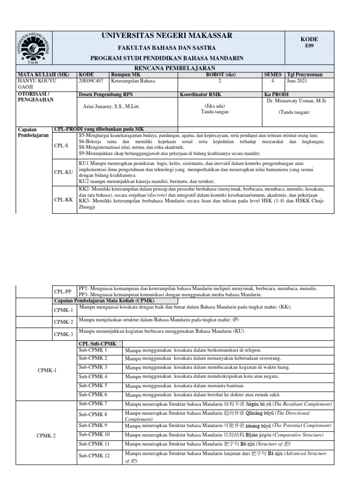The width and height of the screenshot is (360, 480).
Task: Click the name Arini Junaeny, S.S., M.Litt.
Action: tap(111, 106)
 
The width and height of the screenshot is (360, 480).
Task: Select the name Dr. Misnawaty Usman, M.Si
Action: tap(303, 100)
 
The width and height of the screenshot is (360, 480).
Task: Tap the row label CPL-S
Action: tap(61, 146)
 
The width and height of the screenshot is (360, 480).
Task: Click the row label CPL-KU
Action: tap(63, 172)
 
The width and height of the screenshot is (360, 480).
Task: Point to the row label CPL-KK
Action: tap(63, 200)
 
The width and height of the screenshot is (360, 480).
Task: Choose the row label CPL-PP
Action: tap(63, 291)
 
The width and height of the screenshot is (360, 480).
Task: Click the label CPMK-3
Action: tap(63, 334)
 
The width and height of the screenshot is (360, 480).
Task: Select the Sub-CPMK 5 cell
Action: tap(93, 386)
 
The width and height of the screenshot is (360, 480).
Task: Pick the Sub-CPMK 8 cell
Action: tap(93, 414)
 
